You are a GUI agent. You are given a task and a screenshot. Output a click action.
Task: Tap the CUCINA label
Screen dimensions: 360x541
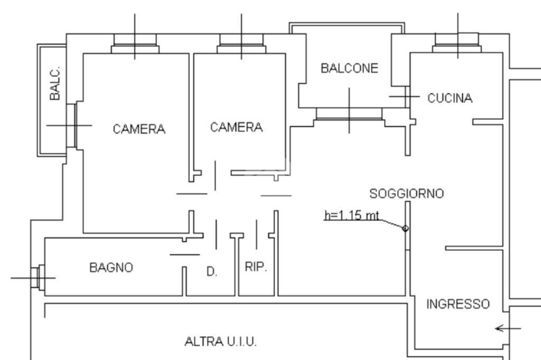[x=450, y=98]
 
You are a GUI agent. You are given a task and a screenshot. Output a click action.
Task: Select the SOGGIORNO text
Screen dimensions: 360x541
[x=407, y=194]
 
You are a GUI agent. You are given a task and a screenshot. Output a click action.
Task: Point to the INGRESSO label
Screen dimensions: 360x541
[x=458, y=305]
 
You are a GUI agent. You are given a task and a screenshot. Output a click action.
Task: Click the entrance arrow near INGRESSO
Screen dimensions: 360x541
[x=507, y=328]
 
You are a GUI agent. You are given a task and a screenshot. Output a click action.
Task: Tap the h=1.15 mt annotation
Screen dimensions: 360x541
[x=352, y=216]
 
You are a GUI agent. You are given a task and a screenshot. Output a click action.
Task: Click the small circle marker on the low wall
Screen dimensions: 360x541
[x=405, y=228]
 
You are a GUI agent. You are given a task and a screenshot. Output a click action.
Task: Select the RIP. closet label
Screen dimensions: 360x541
[x=256, y=267]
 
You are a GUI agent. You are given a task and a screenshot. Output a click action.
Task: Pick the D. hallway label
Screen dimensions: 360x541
[x=211, y=272]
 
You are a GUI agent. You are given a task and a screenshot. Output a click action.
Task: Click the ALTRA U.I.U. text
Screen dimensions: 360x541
[x=220, y=342]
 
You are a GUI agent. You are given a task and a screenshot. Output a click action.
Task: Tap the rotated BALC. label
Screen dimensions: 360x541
[x=55, y=84]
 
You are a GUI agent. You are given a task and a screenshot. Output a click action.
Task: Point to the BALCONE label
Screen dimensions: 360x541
[x=350, y=69]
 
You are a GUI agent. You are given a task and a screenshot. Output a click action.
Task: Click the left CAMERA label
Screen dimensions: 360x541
[x=139, y=129]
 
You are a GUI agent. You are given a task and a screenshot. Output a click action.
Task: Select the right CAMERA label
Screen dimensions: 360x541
[x=236, y=127]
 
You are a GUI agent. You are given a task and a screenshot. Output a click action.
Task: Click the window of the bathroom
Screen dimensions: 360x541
[x=36, y=277]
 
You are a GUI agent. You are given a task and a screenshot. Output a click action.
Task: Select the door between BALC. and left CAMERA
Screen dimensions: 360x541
[x=72, y=125]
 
